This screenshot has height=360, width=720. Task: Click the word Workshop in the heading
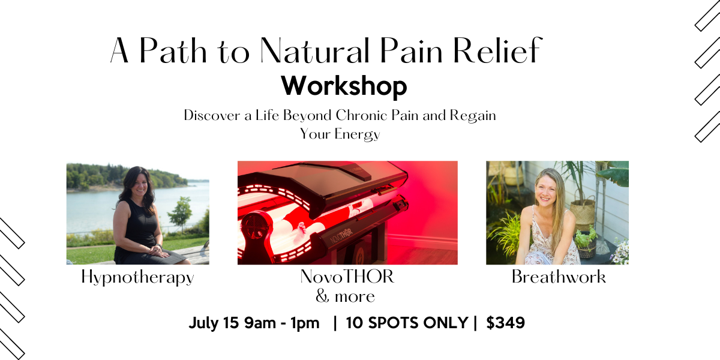pyautogui.click(x=344, y=86)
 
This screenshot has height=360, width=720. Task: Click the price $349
pyautogui.click(x=505, y=323)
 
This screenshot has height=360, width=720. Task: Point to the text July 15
pyautogui.click(x=214, y=323)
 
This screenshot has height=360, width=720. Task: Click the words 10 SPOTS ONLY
pyautogui.click(x=407, y=323)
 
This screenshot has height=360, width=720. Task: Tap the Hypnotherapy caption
pyautogui.click(x=137, y=277)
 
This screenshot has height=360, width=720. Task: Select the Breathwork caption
pyautogui.click(x=559, y=277)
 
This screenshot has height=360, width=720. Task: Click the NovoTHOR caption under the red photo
pyautogui.click(x=347, y=277)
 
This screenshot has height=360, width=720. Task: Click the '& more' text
pyautogui.click(x=345, y=296)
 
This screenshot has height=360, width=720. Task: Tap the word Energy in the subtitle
pyautogui.click(x=357, y=134)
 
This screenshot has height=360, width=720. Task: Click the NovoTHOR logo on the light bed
pyautogui.click(x=341, y=236)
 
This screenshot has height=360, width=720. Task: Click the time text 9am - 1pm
pyautogui.click(x=281, y=323)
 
